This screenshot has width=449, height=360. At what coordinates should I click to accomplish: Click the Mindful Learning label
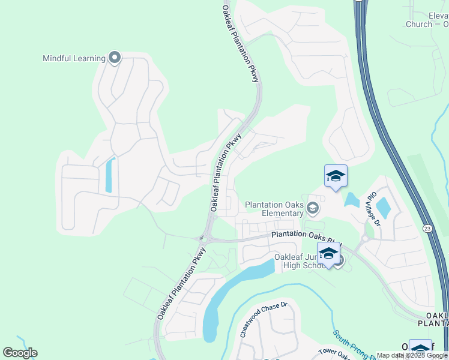[74, 59]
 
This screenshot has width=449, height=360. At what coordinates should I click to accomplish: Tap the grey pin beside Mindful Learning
[115, 58]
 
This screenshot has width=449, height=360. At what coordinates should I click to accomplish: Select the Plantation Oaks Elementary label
[274, 209]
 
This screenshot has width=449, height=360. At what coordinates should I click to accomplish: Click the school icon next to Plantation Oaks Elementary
[312, 208]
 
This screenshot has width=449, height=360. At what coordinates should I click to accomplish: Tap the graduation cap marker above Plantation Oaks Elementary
[336, 176]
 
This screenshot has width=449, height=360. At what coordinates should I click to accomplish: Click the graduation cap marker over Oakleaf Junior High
[328, 254]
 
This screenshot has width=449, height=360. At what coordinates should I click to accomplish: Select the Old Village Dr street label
[373, 209]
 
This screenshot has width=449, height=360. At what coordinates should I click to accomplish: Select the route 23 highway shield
[426, 229]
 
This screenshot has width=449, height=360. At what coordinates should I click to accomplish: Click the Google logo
[20, 352]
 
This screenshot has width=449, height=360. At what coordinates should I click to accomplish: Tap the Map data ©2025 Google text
[412, 356]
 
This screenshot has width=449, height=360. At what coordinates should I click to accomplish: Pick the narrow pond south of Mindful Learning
[109, 175]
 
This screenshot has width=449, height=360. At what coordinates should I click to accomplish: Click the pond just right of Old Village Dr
[383, 208]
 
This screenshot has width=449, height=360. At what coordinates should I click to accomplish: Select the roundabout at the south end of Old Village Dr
[364, 238]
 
